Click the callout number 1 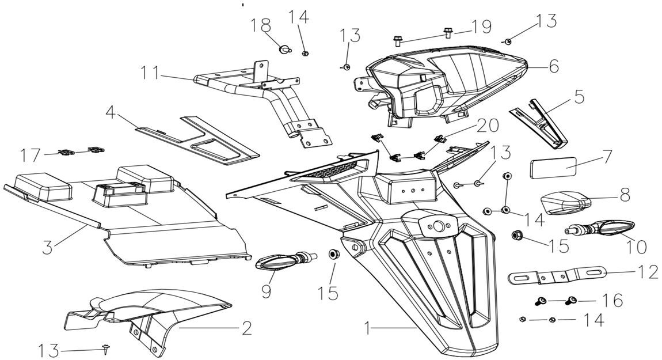[x=370, y=328]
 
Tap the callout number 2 [x=246, y=328]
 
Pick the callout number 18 [x=261, y=25]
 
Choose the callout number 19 [x=481, y=26]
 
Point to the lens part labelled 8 [x=567, y=203]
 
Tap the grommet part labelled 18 [x=283, y=50]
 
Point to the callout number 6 [x=553, y=67]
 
